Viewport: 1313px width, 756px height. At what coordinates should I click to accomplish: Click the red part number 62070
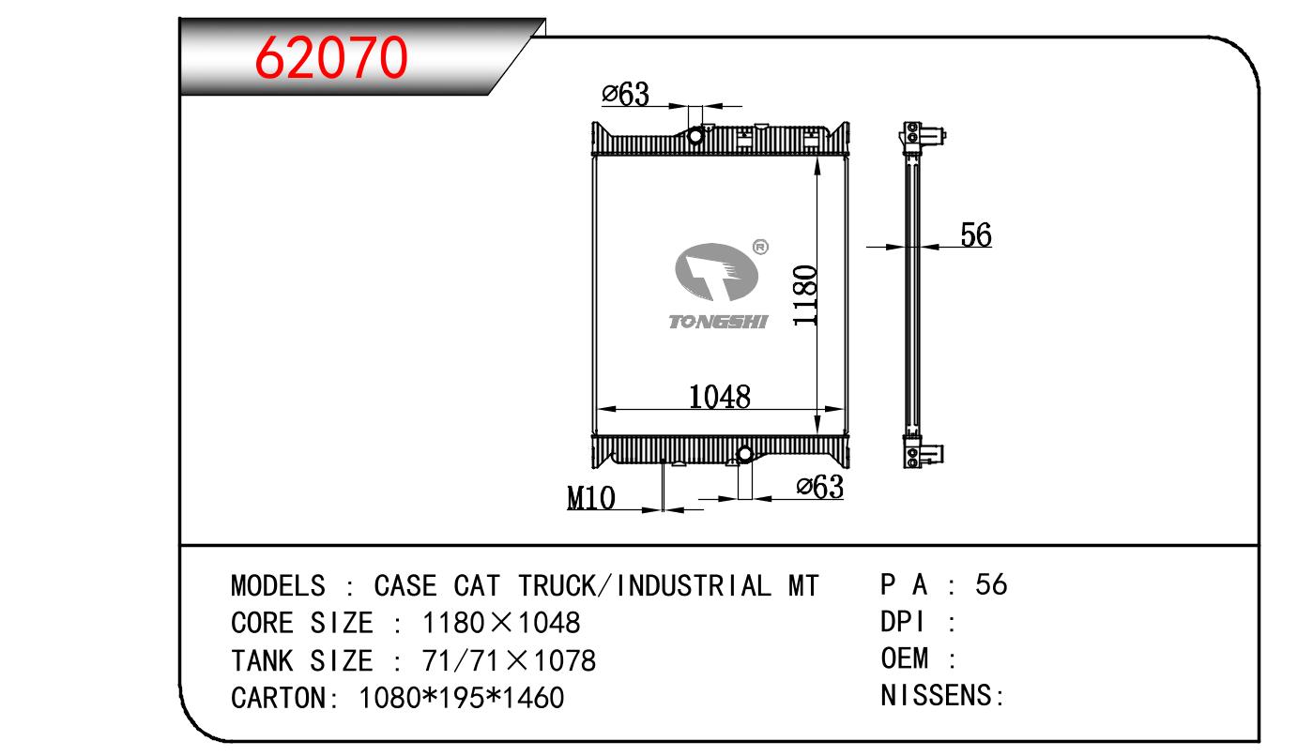click(330, 57)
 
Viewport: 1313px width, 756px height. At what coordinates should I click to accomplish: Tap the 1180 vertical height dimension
click(805, 295)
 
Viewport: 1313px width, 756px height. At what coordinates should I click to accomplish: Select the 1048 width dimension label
click(719, 397)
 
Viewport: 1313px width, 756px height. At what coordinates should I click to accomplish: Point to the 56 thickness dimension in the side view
click(975, 234)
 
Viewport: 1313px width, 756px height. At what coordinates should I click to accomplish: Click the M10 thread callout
click(591, 498)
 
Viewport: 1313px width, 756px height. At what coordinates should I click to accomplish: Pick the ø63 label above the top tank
click(625, 95)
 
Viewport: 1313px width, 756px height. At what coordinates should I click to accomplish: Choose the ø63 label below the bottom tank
click(819, 487)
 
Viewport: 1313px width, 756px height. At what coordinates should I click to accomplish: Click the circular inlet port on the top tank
click(695, 136)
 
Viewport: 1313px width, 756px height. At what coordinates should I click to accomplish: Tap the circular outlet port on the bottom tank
click(745, 454)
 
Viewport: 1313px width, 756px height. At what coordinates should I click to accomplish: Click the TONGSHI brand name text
click(718, 322)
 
